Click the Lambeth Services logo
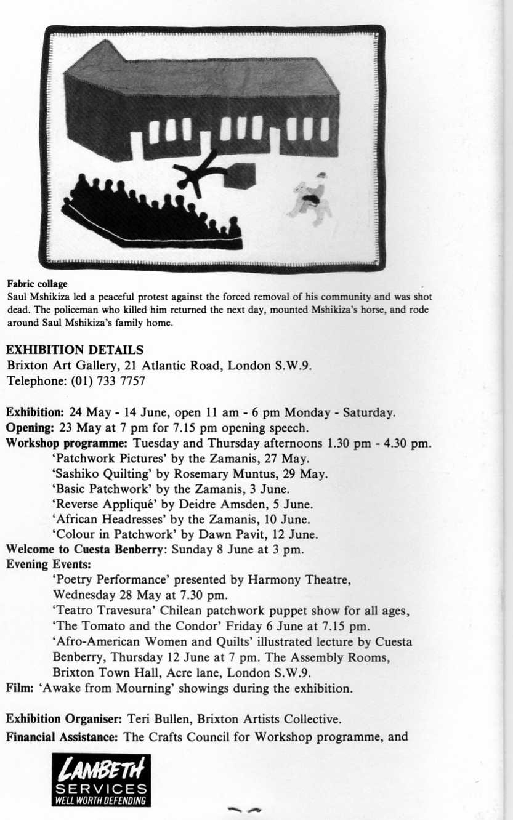pos(102,780)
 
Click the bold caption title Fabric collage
pos(37,284)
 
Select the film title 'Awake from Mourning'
pos(87,688)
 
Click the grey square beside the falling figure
pos(240,175)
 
